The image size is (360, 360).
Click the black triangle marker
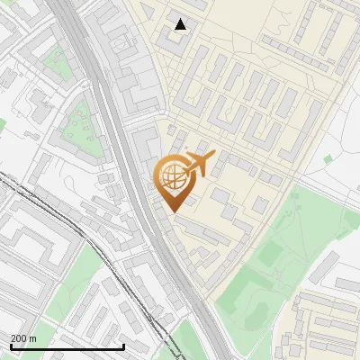coord(181,24)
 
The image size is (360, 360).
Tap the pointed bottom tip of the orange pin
coord(173,211)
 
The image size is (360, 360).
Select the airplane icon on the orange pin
coord(199,164)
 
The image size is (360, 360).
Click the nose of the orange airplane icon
coord(213,156)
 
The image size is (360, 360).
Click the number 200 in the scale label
coord(18,338)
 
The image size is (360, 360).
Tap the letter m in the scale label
coord(33,338)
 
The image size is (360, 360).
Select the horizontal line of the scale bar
coord(67,346)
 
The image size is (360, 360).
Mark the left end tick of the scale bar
coord(11,346)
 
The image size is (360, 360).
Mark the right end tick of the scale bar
coord(122,346)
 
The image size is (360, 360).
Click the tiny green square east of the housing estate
coord(328,159)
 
